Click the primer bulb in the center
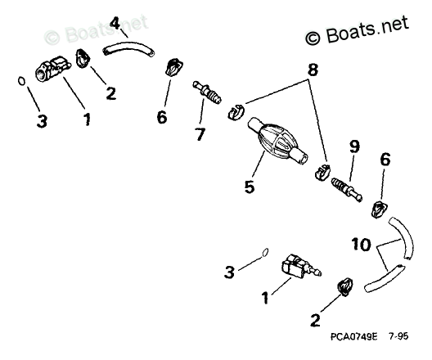point(277,141)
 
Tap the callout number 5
point(250,187)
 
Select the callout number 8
point(313,70)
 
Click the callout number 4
point(115,23)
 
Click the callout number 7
point(200,134)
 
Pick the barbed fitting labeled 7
point(207,92)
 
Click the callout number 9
point(354,146)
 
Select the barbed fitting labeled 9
point(347,190)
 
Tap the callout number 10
point(361,245)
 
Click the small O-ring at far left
point(21,81)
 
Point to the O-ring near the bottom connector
point(265,252)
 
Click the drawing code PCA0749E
point(354,336)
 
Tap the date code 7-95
point(398,336)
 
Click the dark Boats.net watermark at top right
point(357,31)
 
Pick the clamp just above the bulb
point(236,111)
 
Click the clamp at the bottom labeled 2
point(344,286)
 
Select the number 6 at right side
point(385,160)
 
